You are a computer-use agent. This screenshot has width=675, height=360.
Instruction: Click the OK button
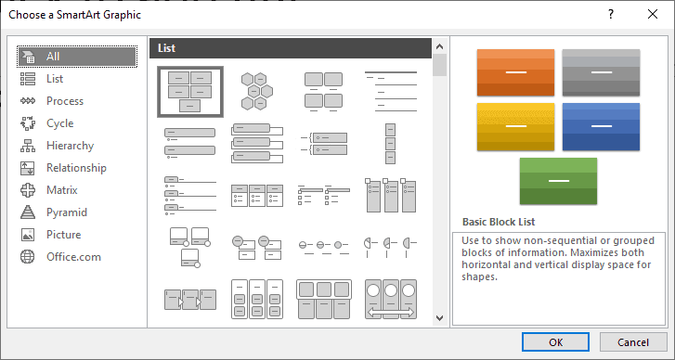555,341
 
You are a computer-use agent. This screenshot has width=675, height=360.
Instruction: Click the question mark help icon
610,15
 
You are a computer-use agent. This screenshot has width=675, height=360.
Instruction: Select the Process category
64,101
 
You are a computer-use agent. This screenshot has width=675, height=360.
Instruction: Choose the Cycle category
59,123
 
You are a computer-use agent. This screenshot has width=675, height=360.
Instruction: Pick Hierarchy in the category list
70,146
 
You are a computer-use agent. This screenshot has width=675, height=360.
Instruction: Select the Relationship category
76,168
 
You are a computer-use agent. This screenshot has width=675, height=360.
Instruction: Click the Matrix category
62,190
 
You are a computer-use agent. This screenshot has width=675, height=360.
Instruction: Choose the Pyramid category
66,212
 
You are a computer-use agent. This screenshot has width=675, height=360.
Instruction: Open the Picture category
63,235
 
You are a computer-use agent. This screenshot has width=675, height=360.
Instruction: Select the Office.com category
73,257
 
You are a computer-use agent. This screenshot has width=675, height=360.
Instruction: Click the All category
53,57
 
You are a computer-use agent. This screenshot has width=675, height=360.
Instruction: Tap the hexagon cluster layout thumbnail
255,90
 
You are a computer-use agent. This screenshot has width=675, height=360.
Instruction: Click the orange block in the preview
515,72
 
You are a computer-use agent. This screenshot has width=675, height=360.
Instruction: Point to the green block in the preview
558,181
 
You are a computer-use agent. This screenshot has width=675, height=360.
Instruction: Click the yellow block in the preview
515,126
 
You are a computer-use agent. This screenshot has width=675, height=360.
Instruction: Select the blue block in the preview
601,126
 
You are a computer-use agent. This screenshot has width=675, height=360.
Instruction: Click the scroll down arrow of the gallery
439,318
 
